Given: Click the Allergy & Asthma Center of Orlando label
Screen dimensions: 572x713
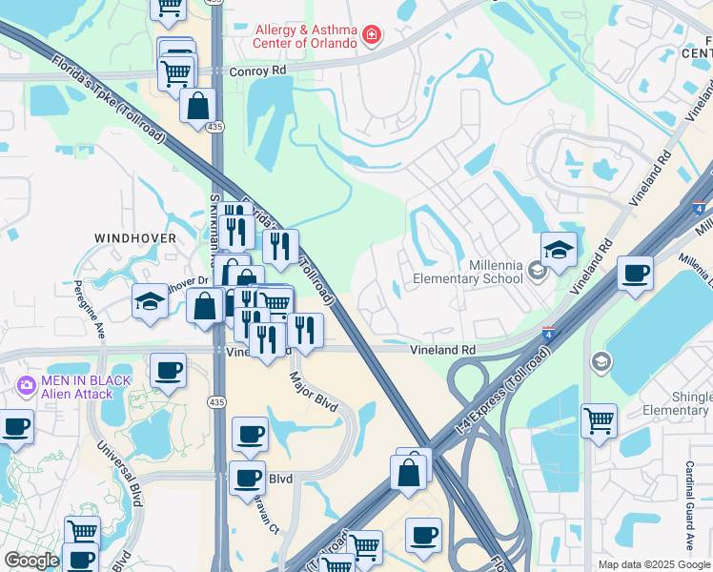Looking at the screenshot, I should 305,36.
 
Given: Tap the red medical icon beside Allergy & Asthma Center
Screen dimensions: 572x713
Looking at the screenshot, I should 371,37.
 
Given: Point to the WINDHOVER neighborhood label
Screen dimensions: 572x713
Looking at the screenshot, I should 134,236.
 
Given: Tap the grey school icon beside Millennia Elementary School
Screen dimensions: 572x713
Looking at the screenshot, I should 537,273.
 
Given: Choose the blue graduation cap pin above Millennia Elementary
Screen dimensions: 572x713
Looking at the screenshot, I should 559,250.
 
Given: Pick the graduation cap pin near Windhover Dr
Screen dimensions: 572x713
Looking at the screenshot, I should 150,302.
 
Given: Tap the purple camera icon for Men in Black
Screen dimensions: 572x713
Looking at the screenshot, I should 26,385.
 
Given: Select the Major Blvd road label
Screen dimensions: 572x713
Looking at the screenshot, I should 314,392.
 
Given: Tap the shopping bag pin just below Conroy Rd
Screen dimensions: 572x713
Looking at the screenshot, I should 199,108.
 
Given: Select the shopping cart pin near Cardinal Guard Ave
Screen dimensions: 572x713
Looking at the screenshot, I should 599,420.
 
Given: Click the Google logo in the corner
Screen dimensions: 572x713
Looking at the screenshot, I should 31,561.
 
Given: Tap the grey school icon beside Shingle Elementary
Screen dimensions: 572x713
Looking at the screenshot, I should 601,361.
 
